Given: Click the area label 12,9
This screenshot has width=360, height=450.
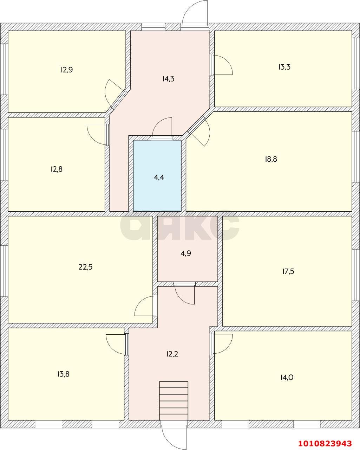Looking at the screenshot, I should click(x=67, y=70).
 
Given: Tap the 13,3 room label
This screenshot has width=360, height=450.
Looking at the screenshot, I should click(x=284, y=67).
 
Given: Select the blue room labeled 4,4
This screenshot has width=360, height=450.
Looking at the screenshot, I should click(x=159, y=177).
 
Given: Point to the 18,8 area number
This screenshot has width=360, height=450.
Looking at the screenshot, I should click(x=271, y=159).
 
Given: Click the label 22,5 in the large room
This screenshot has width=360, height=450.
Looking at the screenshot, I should click(x=85, y=267).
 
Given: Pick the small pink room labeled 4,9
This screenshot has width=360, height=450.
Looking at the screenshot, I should click(x=186, y=253).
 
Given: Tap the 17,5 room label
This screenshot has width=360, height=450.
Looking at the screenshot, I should click(x=288, y=271).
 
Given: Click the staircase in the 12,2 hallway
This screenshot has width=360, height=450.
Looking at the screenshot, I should click(x=174, y=400).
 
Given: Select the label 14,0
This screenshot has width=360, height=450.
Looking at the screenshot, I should click(x=287, y=378).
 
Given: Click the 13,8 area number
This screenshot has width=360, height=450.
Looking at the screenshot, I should click(x=63, y=374).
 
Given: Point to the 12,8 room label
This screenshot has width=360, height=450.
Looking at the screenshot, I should click(x=57, y=169).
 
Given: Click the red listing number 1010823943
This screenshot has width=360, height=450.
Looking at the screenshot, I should click(x=325, y=443).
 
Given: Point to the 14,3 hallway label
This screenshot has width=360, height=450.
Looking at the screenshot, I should click(x=168, y=79).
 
